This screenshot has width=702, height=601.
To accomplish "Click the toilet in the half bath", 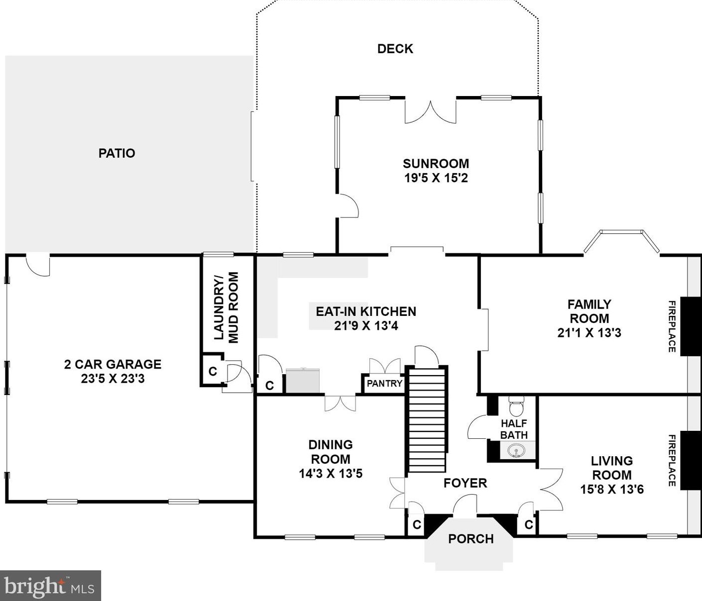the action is point(516,406).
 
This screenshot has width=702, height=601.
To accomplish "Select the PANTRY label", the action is point(384,384).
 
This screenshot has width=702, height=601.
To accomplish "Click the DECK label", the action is point(395,49).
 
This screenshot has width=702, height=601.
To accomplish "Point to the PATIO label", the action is point(117,153).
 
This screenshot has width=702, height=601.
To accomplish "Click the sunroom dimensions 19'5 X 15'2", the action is point(436,178).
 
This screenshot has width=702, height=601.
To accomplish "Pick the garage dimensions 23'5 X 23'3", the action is point(113,379).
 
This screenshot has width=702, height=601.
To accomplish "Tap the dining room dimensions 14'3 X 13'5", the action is point(331,474).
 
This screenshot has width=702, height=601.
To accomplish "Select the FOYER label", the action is point(466,483).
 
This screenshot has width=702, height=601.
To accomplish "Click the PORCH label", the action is point(471,538).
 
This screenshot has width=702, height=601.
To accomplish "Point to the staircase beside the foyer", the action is point(427,419).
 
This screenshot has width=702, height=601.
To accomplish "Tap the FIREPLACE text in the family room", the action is point(672,326).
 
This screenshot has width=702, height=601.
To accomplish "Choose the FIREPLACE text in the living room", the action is point(672,461).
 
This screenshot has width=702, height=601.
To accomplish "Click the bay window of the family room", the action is point(621,240).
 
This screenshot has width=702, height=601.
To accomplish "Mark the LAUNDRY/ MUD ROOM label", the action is point(226,307).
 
